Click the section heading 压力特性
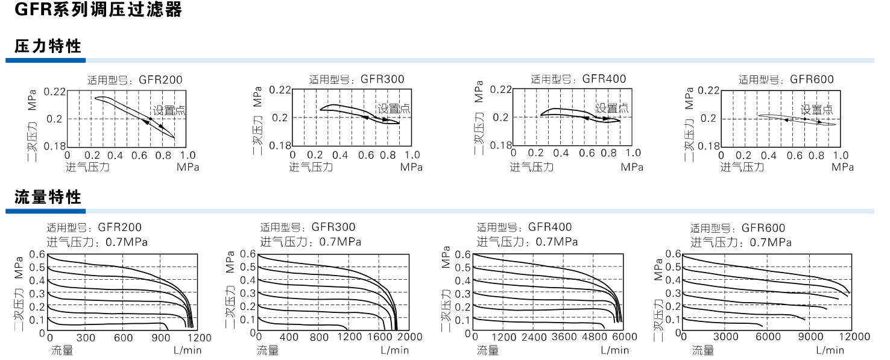pyautogui.click(x=48, y=46)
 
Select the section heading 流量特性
pyautogui.click(x=48, y=197)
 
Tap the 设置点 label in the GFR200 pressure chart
pyautogui.click(x=169, y=110)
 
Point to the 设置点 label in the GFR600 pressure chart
pyautogui.click(x=817, y=110)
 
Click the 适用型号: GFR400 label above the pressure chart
pyautogui.click(x=578, y=79)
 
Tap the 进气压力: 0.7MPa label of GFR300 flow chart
pyautogui.click(x=311, y=242)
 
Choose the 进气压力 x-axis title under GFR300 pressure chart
pyautogui.click(x=311, y=167)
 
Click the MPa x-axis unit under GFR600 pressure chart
pyautogui.click(x=842, y=167)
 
